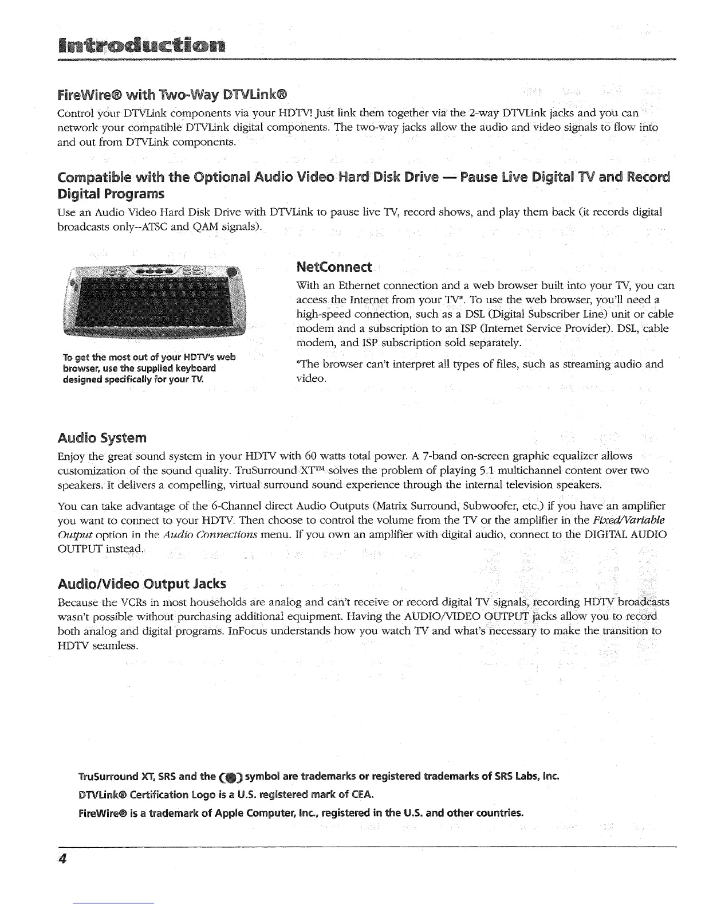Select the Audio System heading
point(102,439)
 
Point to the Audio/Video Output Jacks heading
point(142,584)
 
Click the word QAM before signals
point(218,227)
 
